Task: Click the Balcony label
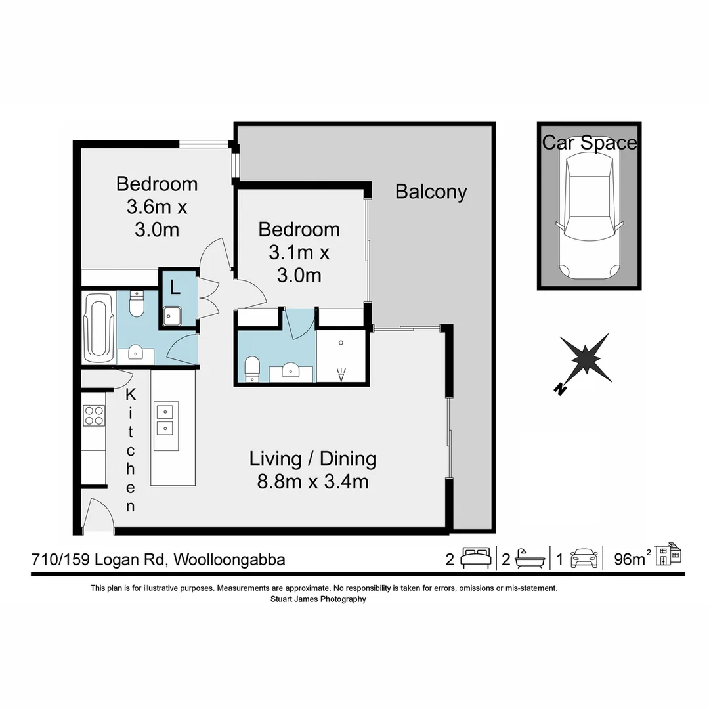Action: pyautogui.click(x=431, y=192)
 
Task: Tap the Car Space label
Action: pyautogui.click(x=589, y=142)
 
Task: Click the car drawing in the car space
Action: pyautogui.click(x=589, y=216)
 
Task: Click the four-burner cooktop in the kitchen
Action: pyautogui.click(x=94, y=416)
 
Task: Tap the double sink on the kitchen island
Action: pyautogui.click(x=165, y=421)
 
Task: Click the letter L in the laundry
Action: pyautogui.click(x=175, y=287)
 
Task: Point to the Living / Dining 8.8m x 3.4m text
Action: pyautogui.click(x=312, y=470)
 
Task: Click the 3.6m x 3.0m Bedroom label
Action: pyautogui.click(x=157, y=206)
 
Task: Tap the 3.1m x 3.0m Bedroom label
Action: pyautogui.click(x=299, y=252)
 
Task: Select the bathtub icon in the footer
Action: pyautogui.click(x=530, y=559)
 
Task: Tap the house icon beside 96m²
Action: pyautogui.click(x=670, y=555)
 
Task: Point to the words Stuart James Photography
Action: pyautogui.click(x=318, y=599)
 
